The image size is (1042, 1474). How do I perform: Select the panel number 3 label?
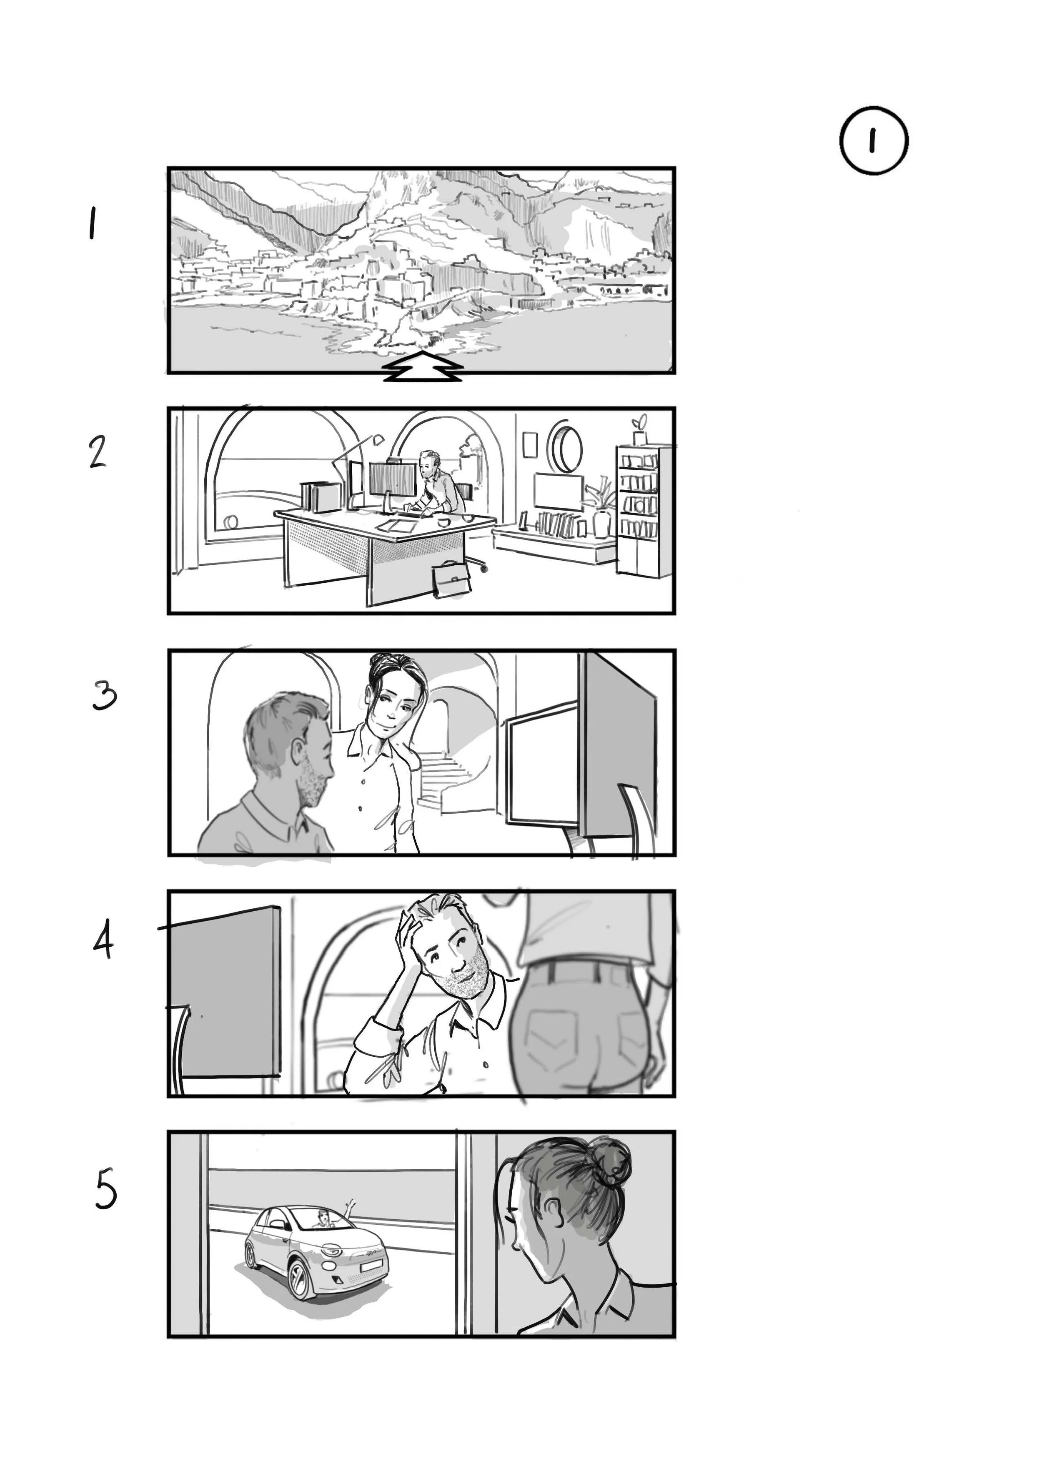(104, 696)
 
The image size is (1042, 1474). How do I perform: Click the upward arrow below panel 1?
(423, 366)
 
